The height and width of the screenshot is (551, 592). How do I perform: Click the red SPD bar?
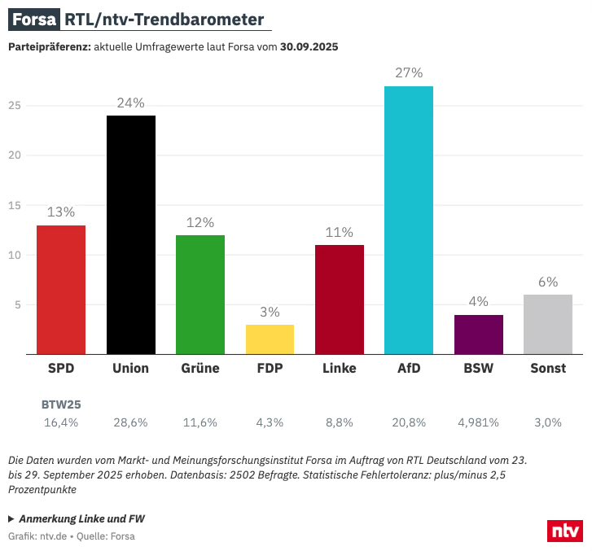(61, 290)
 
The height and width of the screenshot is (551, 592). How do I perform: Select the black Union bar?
(130, 235)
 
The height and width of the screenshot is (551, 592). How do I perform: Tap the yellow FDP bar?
(270, 339)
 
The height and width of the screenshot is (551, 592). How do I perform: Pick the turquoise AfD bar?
(409, 221)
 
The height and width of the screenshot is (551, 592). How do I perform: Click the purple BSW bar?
(479, 335)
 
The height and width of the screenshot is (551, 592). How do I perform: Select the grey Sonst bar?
(548, 325)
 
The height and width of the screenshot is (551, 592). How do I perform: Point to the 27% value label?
(409, 72)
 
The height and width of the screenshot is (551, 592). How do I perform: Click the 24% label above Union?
(130, 103)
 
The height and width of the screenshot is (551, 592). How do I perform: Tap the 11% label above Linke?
(340, 232)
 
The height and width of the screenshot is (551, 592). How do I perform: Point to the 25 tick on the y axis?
(14, 106)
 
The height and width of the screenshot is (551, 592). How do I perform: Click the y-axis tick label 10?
(14, 256)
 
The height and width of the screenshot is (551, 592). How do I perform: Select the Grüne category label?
(200, 369)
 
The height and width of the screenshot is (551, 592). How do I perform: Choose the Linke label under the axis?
(340, 369)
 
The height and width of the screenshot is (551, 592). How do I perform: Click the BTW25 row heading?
(61, 404)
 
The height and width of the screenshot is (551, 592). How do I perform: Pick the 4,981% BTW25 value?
(479, 422)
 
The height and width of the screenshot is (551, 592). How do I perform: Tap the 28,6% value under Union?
(130, 422)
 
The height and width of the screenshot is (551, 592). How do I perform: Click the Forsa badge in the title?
(34, 19)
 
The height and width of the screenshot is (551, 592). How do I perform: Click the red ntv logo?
(564, 531)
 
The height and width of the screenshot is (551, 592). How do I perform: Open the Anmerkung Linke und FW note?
(77, 518)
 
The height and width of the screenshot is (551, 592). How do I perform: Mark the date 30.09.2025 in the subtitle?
(309, 47)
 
